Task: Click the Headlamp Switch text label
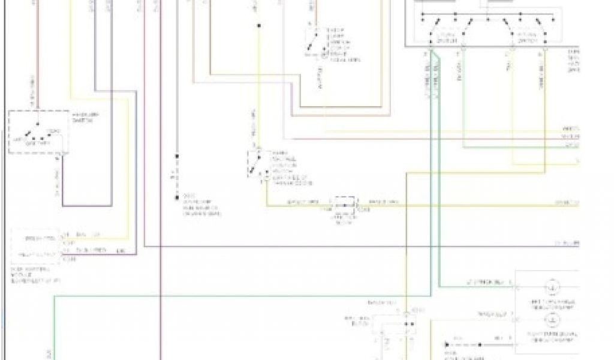coord(85,116)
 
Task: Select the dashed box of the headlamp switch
coord(38,132)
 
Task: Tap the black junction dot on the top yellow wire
coord(259,26)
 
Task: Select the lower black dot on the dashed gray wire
coord(177,197)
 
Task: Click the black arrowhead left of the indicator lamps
coord(448,345)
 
